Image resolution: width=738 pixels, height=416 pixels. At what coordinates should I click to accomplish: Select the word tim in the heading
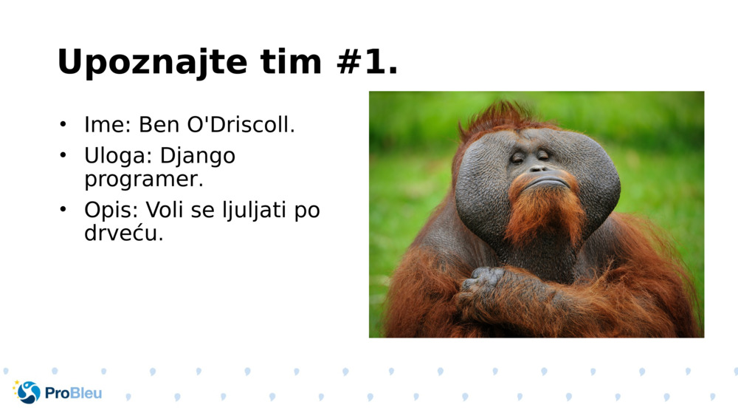click(291, 62)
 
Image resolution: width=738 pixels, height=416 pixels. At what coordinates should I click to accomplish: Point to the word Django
click(197, 157)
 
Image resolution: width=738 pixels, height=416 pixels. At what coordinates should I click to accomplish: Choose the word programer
click(143, 179)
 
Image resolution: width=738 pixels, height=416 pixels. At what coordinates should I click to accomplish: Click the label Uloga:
click(119, 157)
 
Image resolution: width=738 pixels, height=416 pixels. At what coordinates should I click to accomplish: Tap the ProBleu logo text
click(73, 393)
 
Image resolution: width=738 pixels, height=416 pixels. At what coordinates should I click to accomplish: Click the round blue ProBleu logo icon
click(29, 392)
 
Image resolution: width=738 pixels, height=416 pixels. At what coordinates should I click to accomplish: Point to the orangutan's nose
click(538, 168)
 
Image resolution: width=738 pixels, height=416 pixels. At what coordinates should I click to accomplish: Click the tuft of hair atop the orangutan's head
click(502, 115)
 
